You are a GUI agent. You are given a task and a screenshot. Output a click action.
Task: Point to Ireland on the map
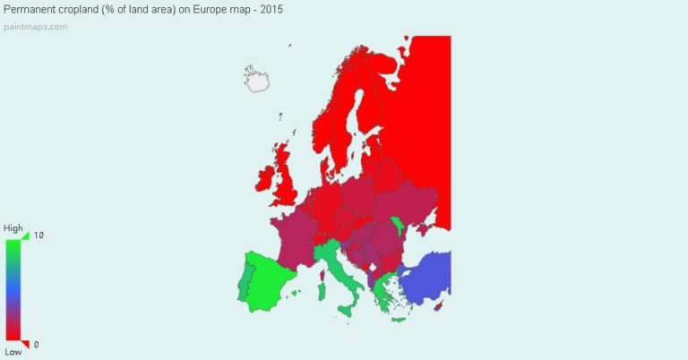coord(266,179)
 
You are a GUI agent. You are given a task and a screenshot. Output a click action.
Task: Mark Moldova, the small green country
coord(397,227)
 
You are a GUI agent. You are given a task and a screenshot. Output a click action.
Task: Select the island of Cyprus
coord(438,306)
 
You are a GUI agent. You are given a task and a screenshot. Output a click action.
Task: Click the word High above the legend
coord(13,228)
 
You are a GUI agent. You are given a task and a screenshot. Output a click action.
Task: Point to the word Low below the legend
coord(13,352)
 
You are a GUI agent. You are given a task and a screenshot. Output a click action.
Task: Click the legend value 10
coord(39,236)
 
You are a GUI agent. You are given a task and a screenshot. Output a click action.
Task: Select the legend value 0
coord(37,345)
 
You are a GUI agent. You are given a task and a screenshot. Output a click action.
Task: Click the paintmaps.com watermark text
coord(35,26)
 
